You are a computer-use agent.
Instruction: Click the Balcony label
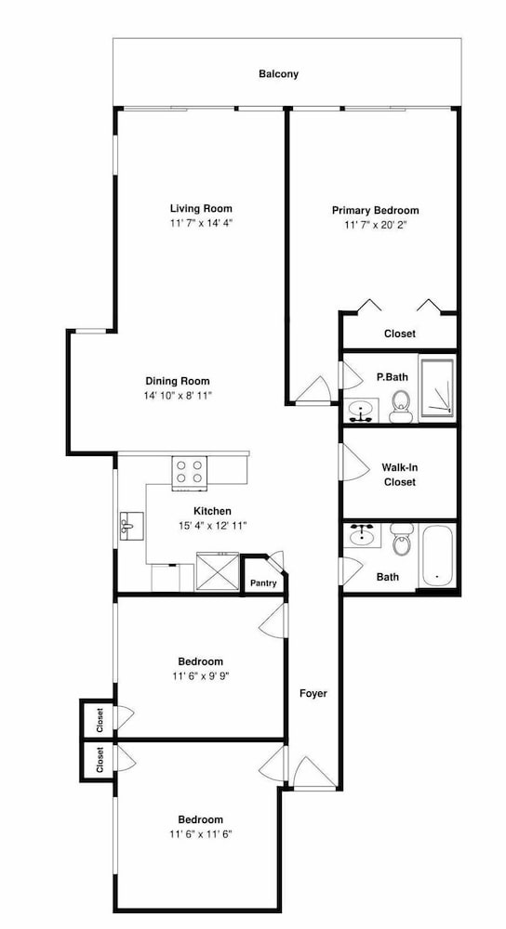[x=278, y=74]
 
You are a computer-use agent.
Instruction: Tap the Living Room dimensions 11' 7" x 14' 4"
[x=201, y=223]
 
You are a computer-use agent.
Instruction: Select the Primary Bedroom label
[x=375, y=210]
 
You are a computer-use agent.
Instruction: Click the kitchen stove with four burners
[x=190, y=473]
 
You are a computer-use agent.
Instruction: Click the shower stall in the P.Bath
[x=436, y=387]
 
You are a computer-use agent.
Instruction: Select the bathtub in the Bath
[x=438, y=556]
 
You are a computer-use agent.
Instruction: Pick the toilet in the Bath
[x=402, y=539]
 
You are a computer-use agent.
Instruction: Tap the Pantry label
[x=263, y=583]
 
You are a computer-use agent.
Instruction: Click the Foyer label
[x=313, y=693]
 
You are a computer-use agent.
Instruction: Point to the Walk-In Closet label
[x=400, y=475]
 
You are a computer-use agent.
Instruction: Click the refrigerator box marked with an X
[x=217, y=571]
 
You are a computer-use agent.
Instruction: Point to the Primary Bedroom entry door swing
[x=314, y=390]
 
